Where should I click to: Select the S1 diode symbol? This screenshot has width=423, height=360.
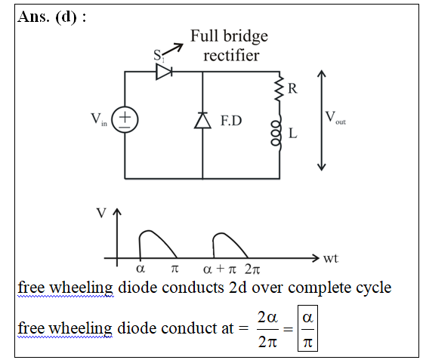(x=164, y=72)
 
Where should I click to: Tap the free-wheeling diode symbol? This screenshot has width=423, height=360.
(x=202, y=121)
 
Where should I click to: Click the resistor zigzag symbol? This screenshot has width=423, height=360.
(x=279, y=88)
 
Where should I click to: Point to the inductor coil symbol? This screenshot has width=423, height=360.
(x=276, y=133)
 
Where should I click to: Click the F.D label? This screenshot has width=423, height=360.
(x=231, y=121)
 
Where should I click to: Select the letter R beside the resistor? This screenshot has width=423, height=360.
(x=293, y=88)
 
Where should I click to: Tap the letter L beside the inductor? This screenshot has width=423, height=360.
(x=293, y=133)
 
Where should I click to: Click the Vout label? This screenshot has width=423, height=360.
(x=335, y=118)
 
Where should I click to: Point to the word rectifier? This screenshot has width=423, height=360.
(x=231, y=56)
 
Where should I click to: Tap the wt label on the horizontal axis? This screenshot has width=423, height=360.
(x=331, y=258)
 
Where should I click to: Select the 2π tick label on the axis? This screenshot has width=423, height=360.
(x=252, y=269)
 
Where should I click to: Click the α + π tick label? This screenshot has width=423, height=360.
(x=220, y=269)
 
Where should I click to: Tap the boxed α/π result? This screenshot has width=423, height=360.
(x=308, y=328)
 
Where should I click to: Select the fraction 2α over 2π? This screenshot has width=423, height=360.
(x=267, y=329)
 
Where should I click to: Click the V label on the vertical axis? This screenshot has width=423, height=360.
(x=101, y=213)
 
